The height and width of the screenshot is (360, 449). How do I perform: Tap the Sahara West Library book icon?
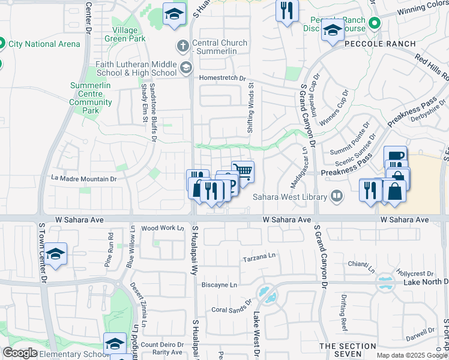pos(337,196)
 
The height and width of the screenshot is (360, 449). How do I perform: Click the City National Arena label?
pos(44,44)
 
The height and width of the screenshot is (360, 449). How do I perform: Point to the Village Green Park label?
pos(128,34)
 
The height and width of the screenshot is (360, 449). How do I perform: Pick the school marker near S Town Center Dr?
pos(55,254)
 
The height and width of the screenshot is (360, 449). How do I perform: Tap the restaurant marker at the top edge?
pos(287,10)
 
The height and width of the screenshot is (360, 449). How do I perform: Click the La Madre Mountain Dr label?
pos(83,178)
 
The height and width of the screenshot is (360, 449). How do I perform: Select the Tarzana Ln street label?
pos(259,257)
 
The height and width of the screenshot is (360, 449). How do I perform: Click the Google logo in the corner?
pos(20,353)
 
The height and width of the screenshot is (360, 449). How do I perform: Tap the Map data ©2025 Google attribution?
pos(412,355)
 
